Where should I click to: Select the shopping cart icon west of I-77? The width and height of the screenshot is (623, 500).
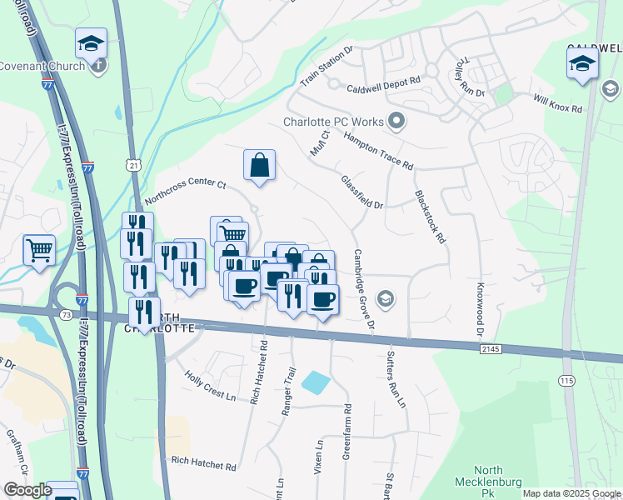pyautogui.click(x=40, y=249)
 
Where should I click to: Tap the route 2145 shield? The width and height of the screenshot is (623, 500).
pyautogui.click(x=491, y=351)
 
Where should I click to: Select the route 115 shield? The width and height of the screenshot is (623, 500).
pyautogui.click(x=566, y=380)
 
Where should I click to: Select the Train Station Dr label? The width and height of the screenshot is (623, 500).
pyautogui.click(x=326, y=66)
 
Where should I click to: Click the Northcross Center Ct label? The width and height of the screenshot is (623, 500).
pyautogui.click(x=186, y=192)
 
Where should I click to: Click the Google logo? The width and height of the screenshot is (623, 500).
pyautogui.click(x=27, y=489)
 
